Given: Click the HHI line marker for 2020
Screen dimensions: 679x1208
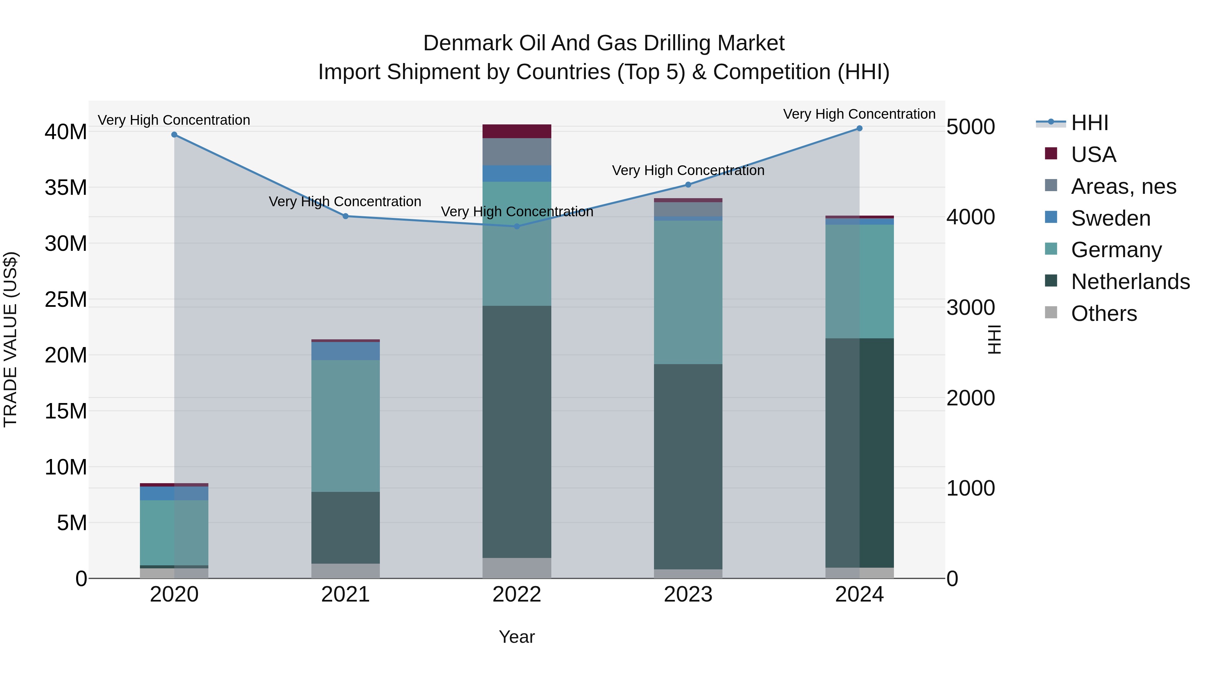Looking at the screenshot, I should (x=174, y=134).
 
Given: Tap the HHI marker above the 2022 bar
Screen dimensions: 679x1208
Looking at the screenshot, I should (x=517, y=226).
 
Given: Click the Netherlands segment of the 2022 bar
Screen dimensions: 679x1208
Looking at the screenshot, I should (x=517, y=431).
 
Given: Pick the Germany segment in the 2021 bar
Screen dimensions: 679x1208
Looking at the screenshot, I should (x=346, y=426).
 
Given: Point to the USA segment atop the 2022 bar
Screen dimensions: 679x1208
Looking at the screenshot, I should (x=517, y=131).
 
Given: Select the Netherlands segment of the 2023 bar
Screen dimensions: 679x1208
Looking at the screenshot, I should (x=688, y=466).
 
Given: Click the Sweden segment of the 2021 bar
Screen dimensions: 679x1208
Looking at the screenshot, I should (x=346, y=351).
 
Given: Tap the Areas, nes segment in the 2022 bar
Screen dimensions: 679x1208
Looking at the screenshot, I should (x=517, y=151).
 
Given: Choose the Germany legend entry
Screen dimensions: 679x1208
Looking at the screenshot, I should (x=1116, y=250).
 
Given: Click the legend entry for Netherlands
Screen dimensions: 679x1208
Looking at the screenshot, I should (x=1130, y=282).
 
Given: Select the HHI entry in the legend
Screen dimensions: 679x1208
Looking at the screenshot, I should (x=1089, y=123).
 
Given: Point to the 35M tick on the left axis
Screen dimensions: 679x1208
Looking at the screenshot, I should (x=66, y=187).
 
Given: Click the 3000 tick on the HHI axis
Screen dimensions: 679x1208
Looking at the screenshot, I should (x=970, y=307).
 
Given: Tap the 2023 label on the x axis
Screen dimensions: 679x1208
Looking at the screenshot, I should (x=688, y=595).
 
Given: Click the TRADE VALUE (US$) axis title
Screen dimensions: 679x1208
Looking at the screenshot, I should (x=10, y=339).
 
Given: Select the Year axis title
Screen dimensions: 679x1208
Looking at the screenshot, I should (x=517, y=637).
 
